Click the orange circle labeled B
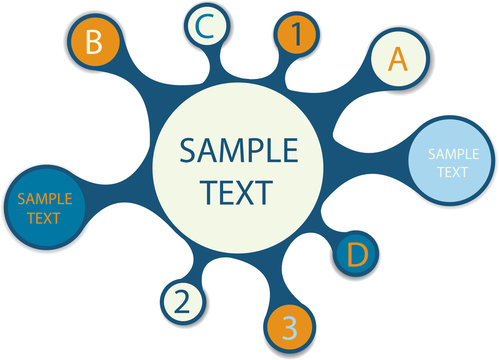tap(95, 44)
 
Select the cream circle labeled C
tap(204, 27)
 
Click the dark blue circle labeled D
tap(356, 255)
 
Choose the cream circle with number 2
tap(182, 299)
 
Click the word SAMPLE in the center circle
tap(238, 151)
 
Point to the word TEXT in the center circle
tap(238, 190)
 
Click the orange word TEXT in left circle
tap(44, 217)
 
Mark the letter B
tap(95, 44)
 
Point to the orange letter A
tap(398, 59)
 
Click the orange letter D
tap(357, 255)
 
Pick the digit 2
tap(182, 300)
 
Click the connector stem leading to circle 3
tap(281, 279)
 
